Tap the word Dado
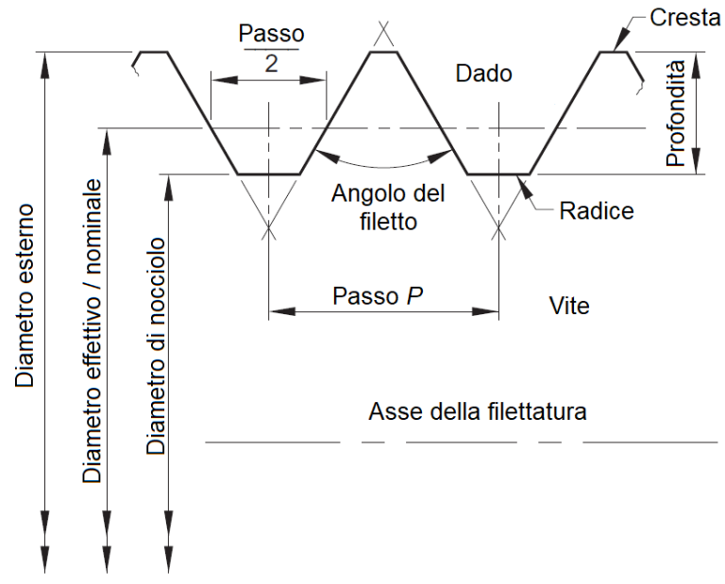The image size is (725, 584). (x=483, y=74)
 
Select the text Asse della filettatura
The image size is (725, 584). (x=479, y=412)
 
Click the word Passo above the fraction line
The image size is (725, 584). (x=272, y=34)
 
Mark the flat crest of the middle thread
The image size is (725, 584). (x=382, y=52)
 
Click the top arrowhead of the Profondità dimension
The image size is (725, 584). (x=696, y=58)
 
